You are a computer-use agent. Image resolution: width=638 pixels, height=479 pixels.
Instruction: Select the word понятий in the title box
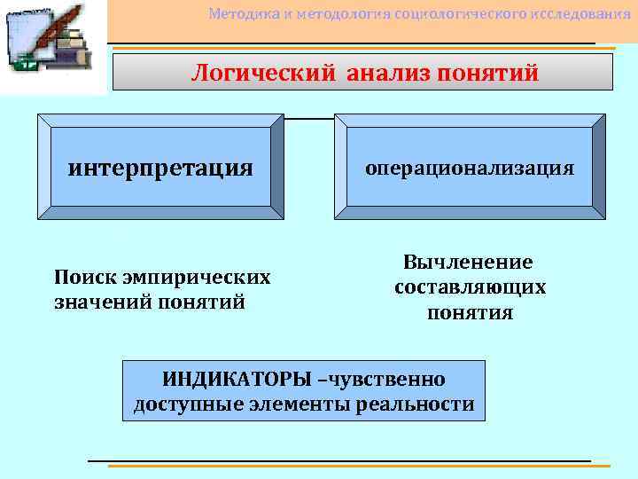[490, 73]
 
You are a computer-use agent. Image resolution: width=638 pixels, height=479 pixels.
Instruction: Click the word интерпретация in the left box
[160, 167]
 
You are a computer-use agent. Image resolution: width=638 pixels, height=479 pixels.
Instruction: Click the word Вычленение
[469, 263]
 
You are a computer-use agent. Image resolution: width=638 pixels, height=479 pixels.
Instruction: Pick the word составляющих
[470, 287]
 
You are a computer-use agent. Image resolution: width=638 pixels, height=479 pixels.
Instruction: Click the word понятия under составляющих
[470, 312]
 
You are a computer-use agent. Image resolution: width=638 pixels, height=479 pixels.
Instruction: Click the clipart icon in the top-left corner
[52, 44]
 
